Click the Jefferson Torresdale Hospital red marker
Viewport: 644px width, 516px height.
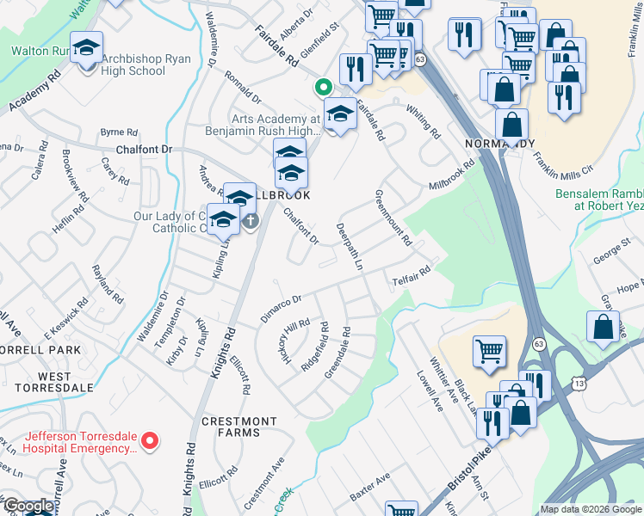(x=150, y=441)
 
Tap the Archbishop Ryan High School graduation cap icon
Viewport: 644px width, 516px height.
(x=86, y=48)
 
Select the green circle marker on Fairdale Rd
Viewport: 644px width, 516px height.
(x=323, y=86)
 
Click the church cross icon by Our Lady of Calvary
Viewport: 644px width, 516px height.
(x=250, y=221)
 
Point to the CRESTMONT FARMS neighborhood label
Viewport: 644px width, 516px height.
(x=230, y=427)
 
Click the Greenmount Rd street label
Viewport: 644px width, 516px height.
(x=392, y=217)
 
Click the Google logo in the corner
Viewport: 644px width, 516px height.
(x=28, y=507)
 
